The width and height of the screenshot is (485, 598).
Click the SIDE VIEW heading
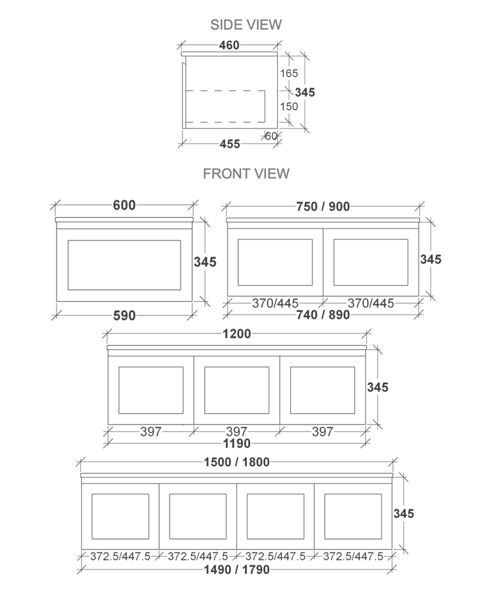click(x=246, y=25)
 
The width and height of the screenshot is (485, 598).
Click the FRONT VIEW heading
click(x=246, y=173)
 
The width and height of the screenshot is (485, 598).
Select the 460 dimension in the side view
click(x=229, y=45)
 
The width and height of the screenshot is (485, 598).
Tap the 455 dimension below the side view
click(x=229, y=144)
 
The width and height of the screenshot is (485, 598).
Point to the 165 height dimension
click(x=289, y=74)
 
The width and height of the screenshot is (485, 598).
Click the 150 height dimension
click(x=289, y=106)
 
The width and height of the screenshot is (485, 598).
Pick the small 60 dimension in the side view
click(x=271, y=136)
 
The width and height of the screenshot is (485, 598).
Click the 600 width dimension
click(x=124, y=205)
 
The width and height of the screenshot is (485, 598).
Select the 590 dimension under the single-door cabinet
click(x=124, y=316)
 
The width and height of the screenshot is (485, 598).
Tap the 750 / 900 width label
click(x=323, y=206)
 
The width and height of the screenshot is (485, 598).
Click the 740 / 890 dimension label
click(x=323, y=315)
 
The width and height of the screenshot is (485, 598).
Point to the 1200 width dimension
click(x=236, y=334)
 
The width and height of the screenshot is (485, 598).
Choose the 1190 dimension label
click(x=236, y=444)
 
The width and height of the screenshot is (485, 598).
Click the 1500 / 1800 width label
click(x=236, y=463)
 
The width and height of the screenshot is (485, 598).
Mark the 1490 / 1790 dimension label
click(x=236, y=569)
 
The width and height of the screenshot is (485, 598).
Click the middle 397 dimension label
click(x=236, y=432)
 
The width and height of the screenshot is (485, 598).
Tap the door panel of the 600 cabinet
click(x=124, y=265)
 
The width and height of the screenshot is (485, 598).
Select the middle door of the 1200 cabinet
click(x=236, y=390)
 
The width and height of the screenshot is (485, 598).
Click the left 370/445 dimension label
click(x=275, y=303)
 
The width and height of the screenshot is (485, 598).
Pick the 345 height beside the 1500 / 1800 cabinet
click(x=404, y=514)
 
